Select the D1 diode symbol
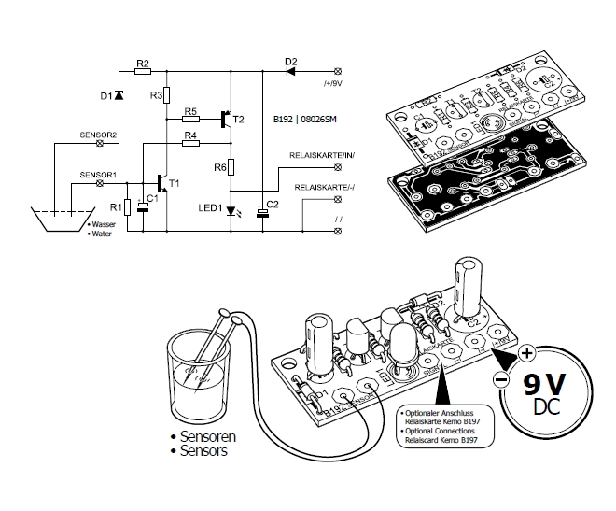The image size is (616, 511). [119, 95]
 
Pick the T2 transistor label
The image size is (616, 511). [239, 120]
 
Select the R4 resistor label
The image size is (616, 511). [189, 136]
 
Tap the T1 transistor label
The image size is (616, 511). [175, 182]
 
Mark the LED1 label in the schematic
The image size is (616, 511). [210, 207]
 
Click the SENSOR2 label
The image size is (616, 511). [98, 135]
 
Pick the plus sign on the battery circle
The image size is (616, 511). [526, 354]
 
